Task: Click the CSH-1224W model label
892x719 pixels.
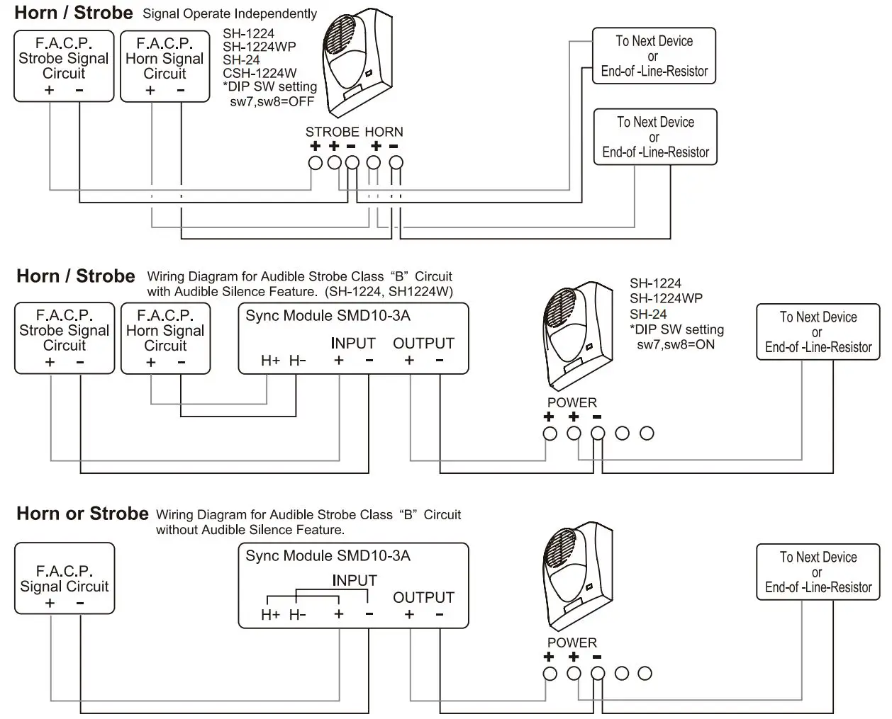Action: coord(260,73)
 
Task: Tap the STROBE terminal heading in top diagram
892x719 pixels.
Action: coord(332,132)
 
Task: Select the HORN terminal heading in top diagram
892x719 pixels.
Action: coord(384,132)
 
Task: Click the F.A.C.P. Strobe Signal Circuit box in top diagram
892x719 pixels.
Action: coord(64,66)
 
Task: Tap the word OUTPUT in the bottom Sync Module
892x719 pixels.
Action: coord(423,597)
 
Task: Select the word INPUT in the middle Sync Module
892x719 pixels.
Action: coord(352,344)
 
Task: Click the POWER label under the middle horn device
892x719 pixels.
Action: coord(572,402)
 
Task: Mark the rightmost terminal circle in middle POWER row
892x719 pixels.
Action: coord(647,433)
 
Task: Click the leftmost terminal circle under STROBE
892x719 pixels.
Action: coord(316,163)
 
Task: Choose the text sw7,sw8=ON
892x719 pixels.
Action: coord(676,345)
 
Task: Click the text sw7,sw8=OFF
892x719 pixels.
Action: coord(272,101)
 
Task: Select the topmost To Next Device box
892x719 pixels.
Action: coord(654,57)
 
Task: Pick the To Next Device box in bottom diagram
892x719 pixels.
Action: coord(818,572)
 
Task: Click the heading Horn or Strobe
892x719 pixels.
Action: coord(82,514)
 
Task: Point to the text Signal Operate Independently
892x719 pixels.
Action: coord(230,13)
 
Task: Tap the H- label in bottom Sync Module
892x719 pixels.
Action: coord(297,615)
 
